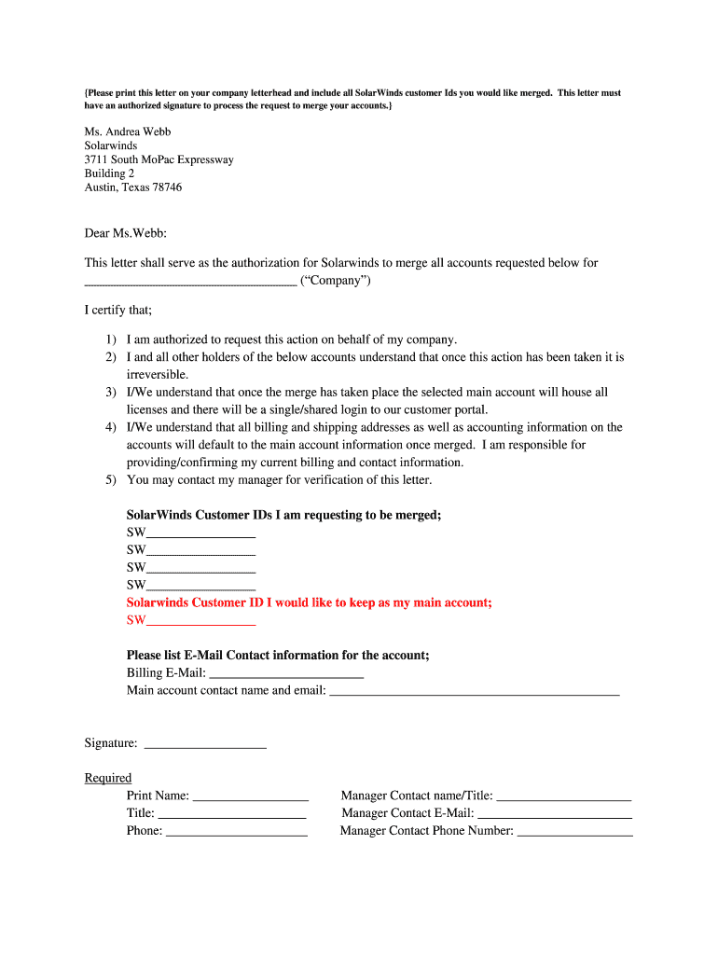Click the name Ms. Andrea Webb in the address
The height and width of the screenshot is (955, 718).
[128, 131]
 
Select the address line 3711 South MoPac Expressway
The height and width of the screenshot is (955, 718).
[159, 159]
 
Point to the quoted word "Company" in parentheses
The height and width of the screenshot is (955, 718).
[335, 281]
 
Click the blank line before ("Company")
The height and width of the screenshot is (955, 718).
[190, 283]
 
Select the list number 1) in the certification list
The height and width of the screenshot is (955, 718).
[110, 340]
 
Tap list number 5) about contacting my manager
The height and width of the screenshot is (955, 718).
[110, 480]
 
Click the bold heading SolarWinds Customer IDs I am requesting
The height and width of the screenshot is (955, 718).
[283, 515]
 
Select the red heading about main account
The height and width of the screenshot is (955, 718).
[309, 602]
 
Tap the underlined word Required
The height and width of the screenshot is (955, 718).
[108, 778]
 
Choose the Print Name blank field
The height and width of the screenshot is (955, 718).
[250, 797]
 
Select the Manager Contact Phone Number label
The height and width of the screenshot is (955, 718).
[426, 831]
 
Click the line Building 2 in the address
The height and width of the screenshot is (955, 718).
[109, 173]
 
